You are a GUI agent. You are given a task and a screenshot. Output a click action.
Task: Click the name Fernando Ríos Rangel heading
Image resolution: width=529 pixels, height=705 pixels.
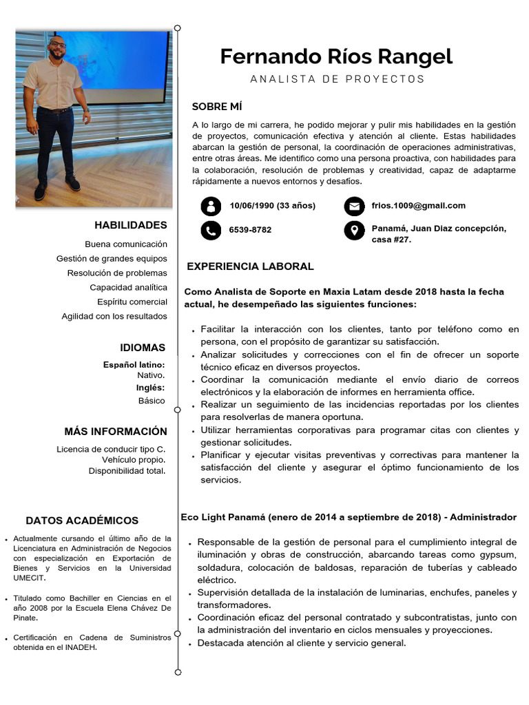(x=336, y=56)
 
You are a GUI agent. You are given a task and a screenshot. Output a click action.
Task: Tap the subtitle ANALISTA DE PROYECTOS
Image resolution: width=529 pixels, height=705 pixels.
(x=338, y=79)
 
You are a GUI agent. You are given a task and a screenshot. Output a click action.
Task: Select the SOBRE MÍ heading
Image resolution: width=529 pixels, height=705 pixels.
(x=217, y=107)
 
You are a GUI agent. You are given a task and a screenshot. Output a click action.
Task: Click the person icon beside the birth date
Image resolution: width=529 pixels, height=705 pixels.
(x=211, y=206)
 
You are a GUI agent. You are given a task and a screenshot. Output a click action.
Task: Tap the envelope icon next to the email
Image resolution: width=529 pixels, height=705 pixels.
(x=354, y=206)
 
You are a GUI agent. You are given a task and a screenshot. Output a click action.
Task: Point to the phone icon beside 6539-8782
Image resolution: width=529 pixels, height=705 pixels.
(x=211, y=230)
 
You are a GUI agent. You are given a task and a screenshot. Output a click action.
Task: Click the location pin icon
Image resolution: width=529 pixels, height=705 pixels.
(x=354, y=230)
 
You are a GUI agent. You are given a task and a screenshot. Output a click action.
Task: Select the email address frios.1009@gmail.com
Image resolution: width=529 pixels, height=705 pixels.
(x=418, y=205)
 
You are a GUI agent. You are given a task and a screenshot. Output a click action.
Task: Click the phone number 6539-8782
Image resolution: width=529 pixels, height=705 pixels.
(x=250, y=230)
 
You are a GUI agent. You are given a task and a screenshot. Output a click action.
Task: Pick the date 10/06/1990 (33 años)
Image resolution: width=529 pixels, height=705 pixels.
(x=272, y=205)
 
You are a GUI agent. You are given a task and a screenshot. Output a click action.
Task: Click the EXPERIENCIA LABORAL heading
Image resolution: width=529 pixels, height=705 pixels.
(x=250, y=266)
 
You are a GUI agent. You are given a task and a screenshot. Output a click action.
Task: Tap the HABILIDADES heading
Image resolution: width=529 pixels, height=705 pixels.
(x=131, y=225)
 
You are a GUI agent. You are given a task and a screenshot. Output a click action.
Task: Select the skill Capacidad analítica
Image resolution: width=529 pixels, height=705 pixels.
(x=128, y=287)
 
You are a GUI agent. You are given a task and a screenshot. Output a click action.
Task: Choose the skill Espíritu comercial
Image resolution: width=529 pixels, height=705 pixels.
(x=132, y=302)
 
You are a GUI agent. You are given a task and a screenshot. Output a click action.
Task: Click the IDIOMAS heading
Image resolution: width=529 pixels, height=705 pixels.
(x=143, y=348)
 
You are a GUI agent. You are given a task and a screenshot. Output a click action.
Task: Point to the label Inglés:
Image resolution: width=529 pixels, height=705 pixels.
(x=150, y=388)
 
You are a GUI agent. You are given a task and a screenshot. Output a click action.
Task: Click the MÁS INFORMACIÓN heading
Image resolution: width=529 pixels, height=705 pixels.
(x=116, y=432)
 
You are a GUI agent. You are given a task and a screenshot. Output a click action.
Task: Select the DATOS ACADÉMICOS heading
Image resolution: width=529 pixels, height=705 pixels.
(x=82, y=520)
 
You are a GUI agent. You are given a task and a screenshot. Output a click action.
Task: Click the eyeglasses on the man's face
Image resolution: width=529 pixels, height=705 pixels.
(x=58, y=45)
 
